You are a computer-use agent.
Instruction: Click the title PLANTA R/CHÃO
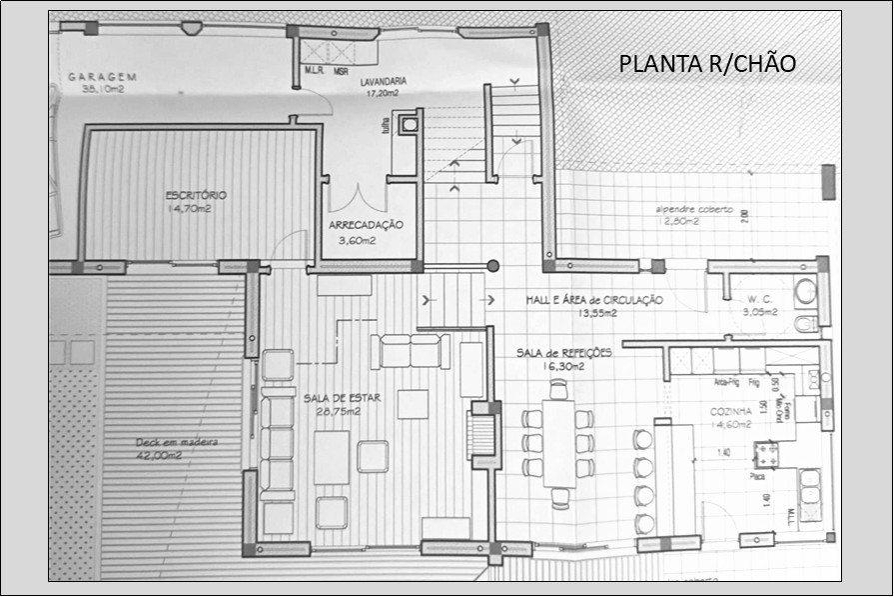click(707, 64)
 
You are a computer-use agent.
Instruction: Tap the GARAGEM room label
click(102, 77)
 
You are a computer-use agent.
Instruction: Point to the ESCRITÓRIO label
click(196, 195)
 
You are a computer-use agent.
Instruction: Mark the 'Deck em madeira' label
click(177, 442)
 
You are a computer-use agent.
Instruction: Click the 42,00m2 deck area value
click(159, 455)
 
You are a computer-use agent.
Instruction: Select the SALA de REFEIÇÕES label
click(564, 353)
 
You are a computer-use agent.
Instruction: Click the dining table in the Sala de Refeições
click(559, 443)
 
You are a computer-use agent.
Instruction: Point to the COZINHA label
click(731, 411)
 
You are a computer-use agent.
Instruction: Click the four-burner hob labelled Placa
click(766, 455)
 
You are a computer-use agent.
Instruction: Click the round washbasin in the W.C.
click(805, 291)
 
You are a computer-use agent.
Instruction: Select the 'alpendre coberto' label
click(693, 210)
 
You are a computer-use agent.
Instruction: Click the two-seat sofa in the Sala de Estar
click(410, 351)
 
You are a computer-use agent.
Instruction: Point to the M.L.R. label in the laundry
click(314, 71)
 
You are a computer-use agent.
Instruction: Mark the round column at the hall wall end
click(492, 266)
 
